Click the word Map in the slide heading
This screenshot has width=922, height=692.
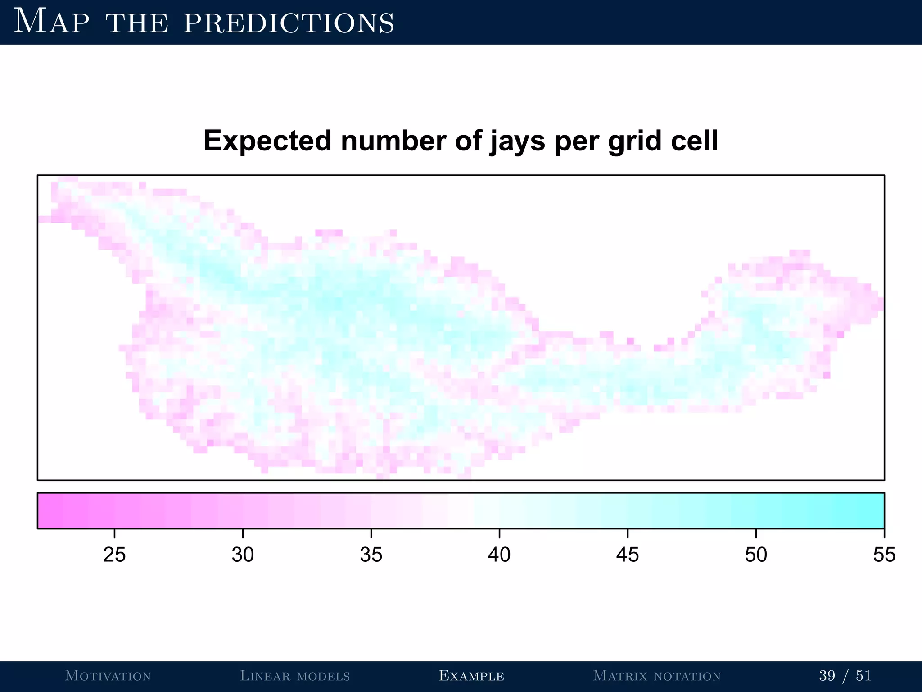[51, 22]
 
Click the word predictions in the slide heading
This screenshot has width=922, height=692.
[289, 23]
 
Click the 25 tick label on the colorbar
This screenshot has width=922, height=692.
[114, 555]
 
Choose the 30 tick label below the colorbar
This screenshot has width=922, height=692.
[243, 555]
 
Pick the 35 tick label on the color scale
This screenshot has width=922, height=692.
[371, 555]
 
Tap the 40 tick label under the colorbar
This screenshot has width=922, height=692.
[499, 555]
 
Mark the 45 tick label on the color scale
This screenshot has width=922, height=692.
[628, 555]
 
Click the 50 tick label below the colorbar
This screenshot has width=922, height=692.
[756, 555]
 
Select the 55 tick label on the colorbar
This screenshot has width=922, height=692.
[884, 555]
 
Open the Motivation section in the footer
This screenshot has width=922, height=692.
[108, 676]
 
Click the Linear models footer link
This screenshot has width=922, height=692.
[295, 676]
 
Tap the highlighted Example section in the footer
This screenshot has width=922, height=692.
[471, 676]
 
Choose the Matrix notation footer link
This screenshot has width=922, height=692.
[657, 676]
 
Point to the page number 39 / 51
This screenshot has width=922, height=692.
[845, 676]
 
